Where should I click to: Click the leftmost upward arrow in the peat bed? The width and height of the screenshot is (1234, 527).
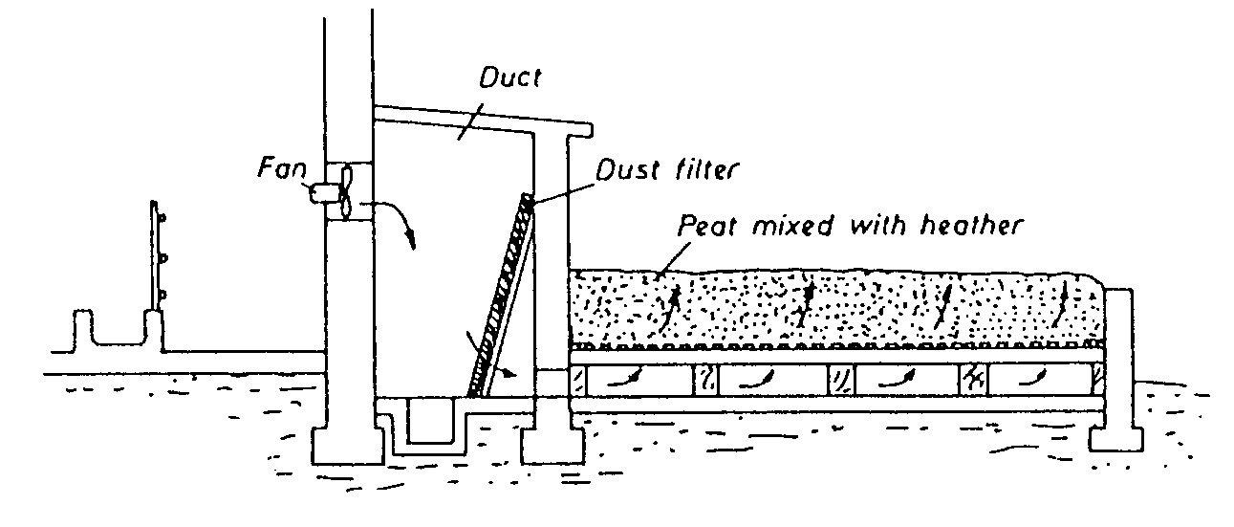click(674, 305)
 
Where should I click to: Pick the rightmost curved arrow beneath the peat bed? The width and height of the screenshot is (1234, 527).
click(1030, 378)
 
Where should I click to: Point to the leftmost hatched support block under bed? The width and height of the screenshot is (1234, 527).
click(578, 380)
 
